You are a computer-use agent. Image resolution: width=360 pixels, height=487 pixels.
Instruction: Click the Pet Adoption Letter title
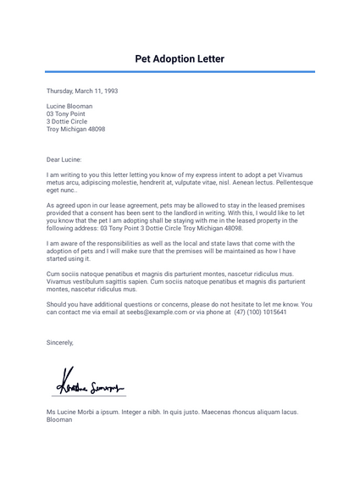[x=180, y=59]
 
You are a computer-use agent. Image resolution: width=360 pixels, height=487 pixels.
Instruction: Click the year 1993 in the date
[x=109, y=91]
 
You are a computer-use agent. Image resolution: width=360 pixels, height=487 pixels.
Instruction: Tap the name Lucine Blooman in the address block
[x=69, y=107]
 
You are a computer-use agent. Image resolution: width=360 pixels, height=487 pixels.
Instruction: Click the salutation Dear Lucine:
[x=64, y=158]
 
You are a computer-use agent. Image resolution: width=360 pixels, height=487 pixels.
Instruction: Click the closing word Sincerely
[x=60, y=342]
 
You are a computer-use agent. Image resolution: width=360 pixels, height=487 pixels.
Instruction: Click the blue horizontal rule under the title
[x=180, y=72]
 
